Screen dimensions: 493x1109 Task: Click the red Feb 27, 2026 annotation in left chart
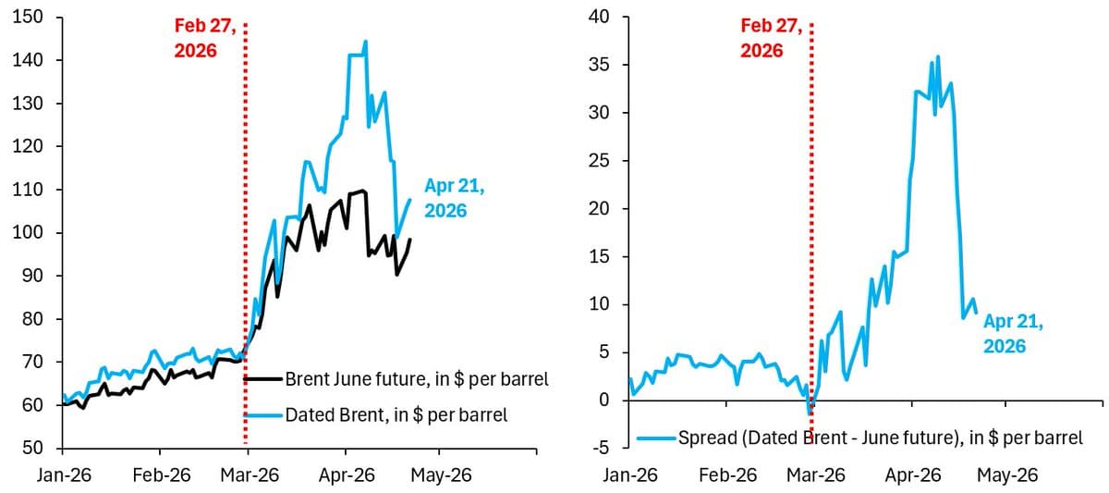pyautogui.click(x=206, y=39)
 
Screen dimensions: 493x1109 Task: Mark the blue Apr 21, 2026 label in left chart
pyautogui.click(x=454, y=199)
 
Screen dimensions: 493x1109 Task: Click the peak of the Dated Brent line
pyautogui.click(x=365, y=41)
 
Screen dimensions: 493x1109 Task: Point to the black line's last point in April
pyautogui.click(x=409, y=240)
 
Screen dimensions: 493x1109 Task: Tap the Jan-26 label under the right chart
pyautogui.click(x=632, y=475)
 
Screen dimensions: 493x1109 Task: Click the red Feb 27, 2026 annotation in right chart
pyautogui.click(x=773, y=39)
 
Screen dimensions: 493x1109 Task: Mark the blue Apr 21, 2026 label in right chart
pyautogui.click(x=1013, y=334)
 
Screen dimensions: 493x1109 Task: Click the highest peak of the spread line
pyautogui.click(x=938, y=56)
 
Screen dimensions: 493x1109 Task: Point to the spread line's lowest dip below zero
pyautogui.click(x=810, y=413)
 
